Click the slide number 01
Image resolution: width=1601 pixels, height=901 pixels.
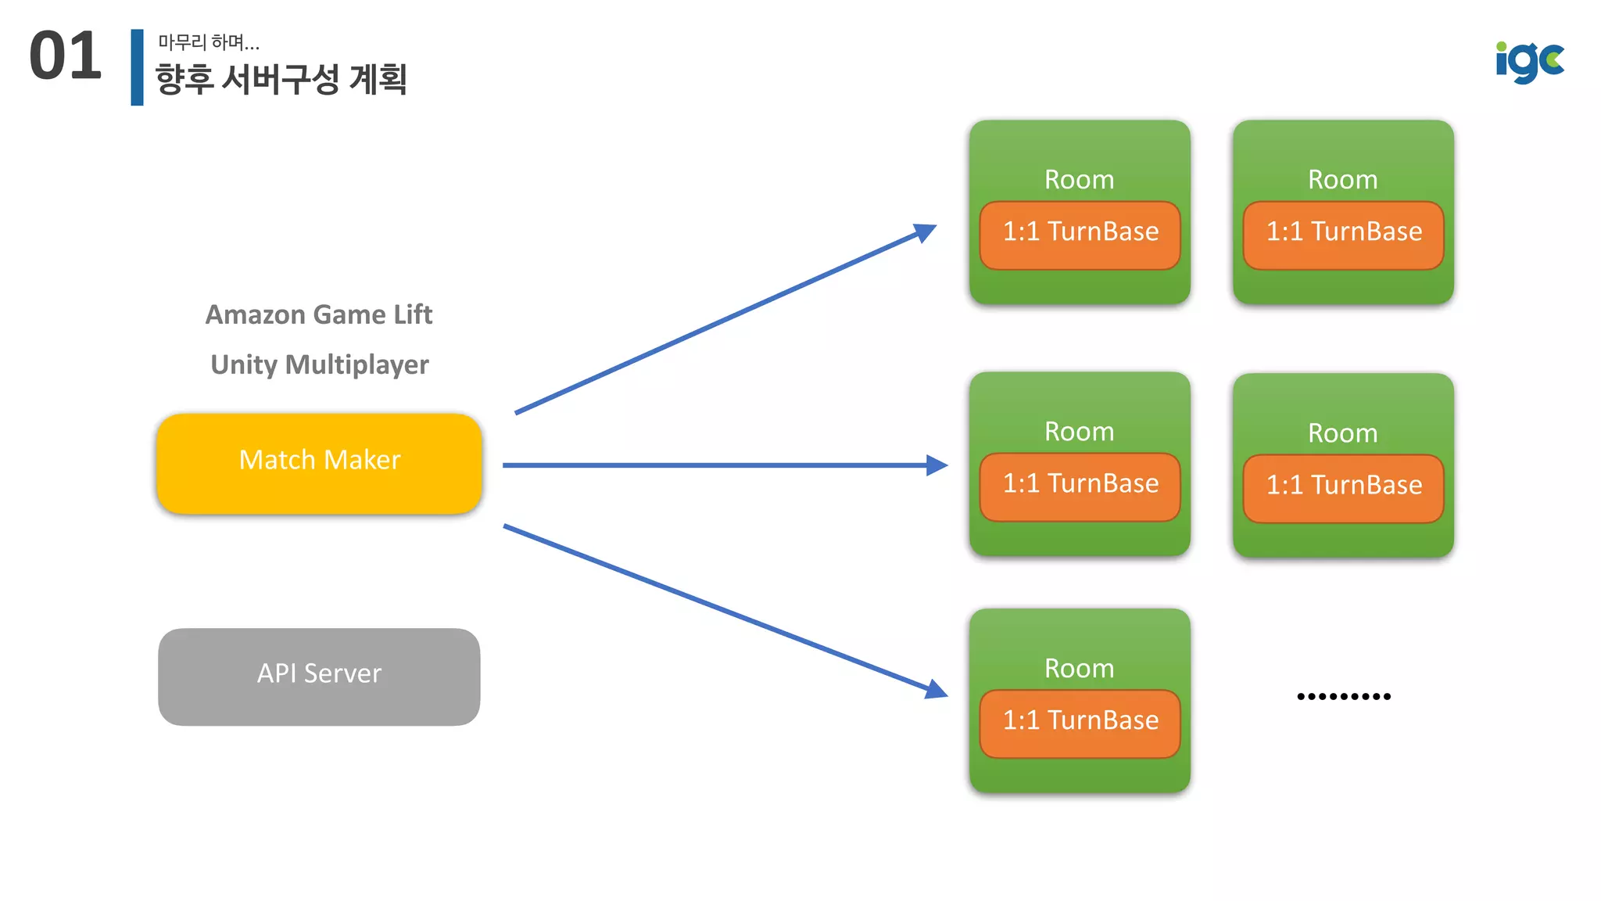[66, 56]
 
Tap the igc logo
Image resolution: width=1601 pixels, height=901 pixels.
[1529, 61]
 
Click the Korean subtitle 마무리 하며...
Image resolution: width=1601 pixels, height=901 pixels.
[208, 42]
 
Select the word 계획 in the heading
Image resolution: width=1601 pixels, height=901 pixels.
[378, 79]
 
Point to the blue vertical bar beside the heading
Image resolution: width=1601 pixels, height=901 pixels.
[138, 67]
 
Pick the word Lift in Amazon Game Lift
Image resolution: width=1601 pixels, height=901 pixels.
[413, 314]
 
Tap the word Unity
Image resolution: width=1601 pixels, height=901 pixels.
[244, 364]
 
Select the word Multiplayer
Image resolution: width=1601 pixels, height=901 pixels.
[357, 364]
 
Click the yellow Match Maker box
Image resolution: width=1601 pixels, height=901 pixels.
[319, 463]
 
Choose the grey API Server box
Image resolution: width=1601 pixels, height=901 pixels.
[319, 677]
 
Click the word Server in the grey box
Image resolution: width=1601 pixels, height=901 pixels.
[342, 673]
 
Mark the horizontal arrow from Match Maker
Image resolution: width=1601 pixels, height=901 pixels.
[719, 465]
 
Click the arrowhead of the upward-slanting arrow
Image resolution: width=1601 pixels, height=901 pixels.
[926, 232]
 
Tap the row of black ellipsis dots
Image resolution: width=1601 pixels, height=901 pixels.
[1344, 696]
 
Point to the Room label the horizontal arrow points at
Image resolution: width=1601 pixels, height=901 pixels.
[1080, 432]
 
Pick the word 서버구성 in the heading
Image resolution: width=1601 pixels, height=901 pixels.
[281, 79]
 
